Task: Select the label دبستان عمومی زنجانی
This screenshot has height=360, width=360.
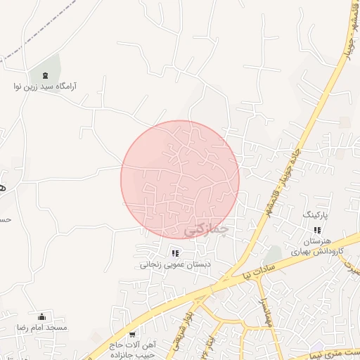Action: tap(174, 265)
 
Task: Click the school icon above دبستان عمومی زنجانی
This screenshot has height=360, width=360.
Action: tap(175, 253)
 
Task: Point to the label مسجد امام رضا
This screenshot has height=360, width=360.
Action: tap(42, 328)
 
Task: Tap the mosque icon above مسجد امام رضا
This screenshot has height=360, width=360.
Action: tap(42, 316)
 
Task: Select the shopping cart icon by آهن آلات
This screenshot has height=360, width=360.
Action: tap(132, 334)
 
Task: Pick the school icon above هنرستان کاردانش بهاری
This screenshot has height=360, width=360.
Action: tap(317, 229)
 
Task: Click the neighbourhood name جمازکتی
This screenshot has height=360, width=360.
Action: tap(207, 229)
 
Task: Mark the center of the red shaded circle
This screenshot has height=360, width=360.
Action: tap(180, 179)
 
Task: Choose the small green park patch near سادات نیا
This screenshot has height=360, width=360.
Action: tap(274, 252)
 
